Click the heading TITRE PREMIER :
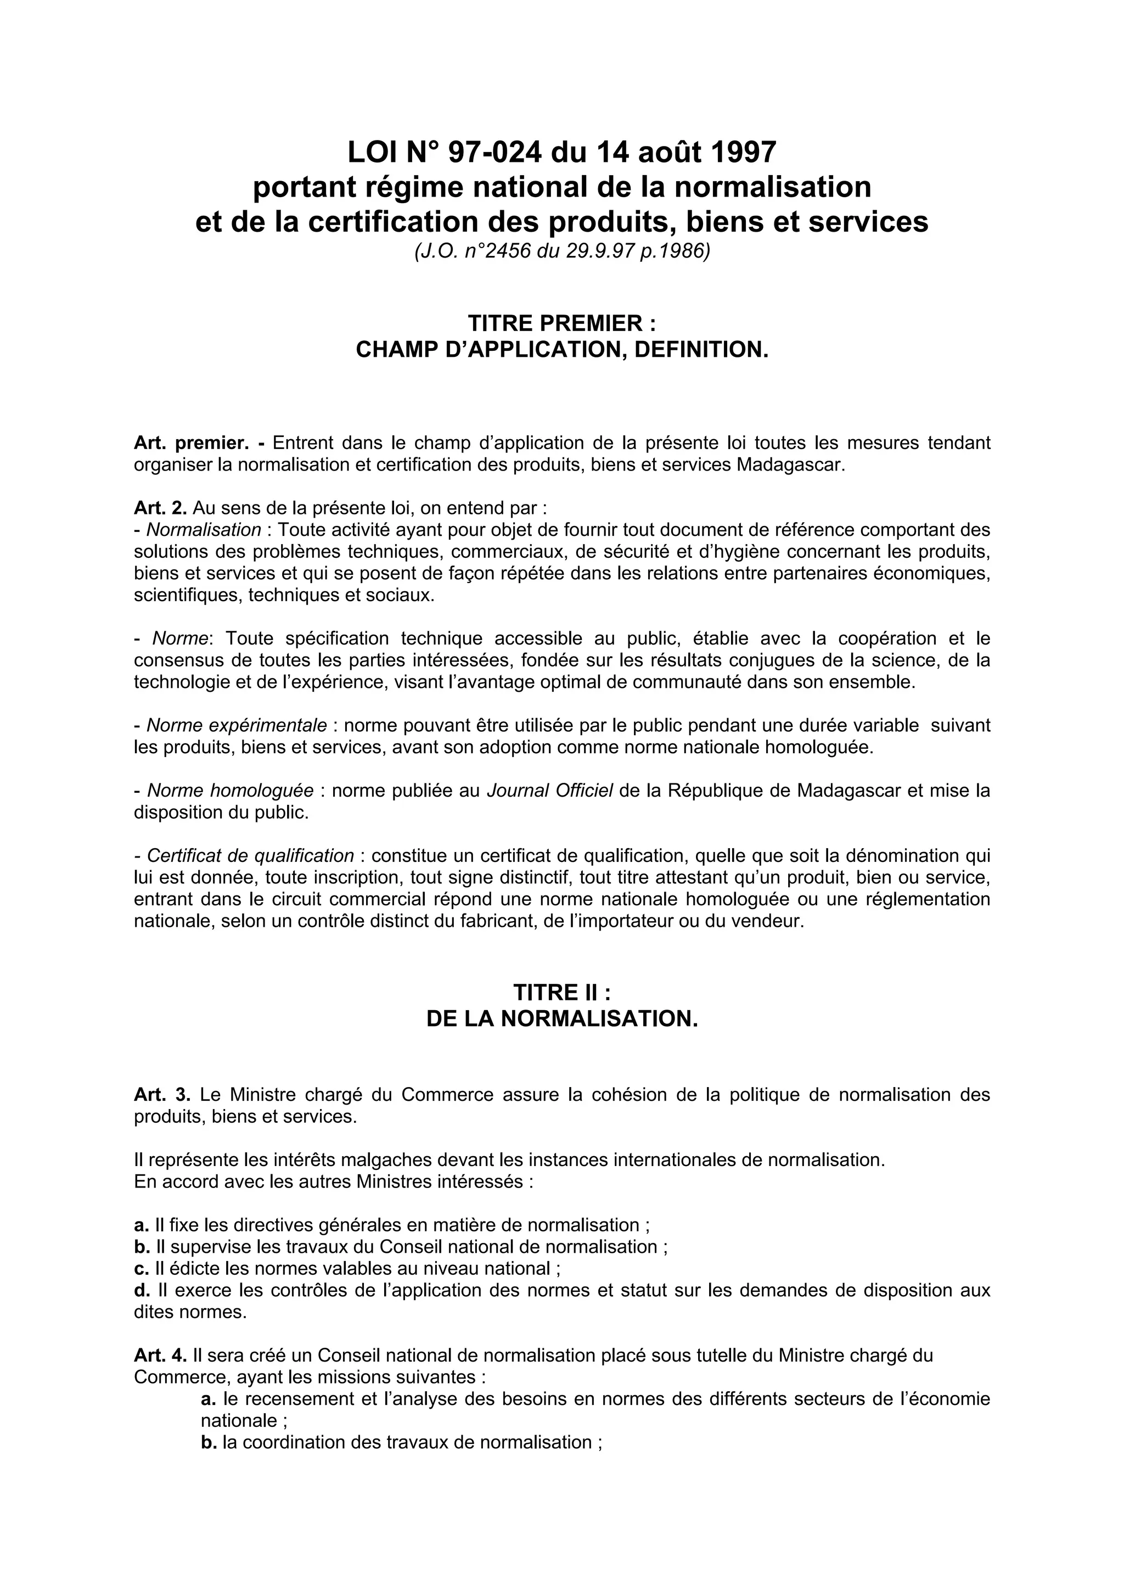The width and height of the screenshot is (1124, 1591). (x=561, y=323)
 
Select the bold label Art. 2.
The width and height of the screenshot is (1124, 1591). (x=160, y=508)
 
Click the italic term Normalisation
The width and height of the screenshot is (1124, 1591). (x=204, y=529)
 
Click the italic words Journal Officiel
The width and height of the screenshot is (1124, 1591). (x=550, y=791)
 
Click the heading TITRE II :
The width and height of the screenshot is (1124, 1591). (x=561, y=992)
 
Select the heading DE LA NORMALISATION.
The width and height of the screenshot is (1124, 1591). (x=561, y=1018)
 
